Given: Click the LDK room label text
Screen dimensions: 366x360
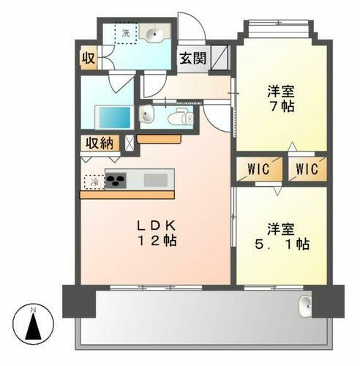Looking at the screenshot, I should pyautogui.click(x=155, y=223).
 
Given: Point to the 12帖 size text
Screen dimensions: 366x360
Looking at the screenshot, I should pyautogui.click(x=155, y=239).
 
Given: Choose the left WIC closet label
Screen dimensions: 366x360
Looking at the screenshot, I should pyautogui.click(x=258, y=170).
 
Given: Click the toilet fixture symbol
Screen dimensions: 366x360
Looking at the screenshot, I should pyautogui.click(x=178, y=118).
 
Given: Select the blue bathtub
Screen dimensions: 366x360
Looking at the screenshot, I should pyautogui.click(x=113, y=116).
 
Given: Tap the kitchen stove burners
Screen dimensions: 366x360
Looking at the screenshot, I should pyautogui.click(x=116, y=180).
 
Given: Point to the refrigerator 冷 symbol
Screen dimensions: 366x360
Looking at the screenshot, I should pyautogui.click(x=93, y=180).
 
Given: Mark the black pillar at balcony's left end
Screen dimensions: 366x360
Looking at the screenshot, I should pyautogui.click(x=78, y=300).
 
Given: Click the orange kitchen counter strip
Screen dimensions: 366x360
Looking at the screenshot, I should pyautogui.click(x=127, y=195).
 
